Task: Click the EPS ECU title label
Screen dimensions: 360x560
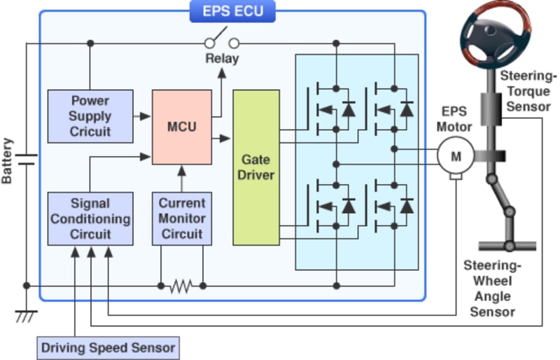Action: (232, 11)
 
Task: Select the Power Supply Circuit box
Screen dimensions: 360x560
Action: (90, 115)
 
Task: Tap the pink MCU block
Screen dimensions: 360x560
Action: (181, 127)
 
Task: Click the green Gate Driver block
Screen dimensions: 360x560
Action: (255, 167)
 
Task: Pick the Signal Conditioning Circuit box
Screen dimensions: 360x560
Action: (90, 218)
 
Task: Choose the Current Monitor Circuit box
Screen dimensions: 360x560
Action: (181, 218)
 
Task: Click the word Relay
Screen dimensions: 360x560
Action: (223, 59)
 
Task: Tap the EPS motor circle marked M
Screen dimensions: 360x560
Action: (456, 156)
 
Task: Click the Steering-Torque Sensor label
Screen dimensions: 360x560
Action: (528, 90)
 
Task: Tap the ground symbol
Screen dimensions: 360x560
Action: (27, 316)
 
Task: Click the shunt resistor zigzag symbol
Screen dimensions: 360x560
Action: (182, 286)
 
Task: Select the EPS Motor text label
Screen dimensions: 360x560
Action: (455, 119)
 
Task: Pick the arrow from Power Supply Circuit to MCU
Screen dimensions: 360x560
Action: (143, 115)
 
